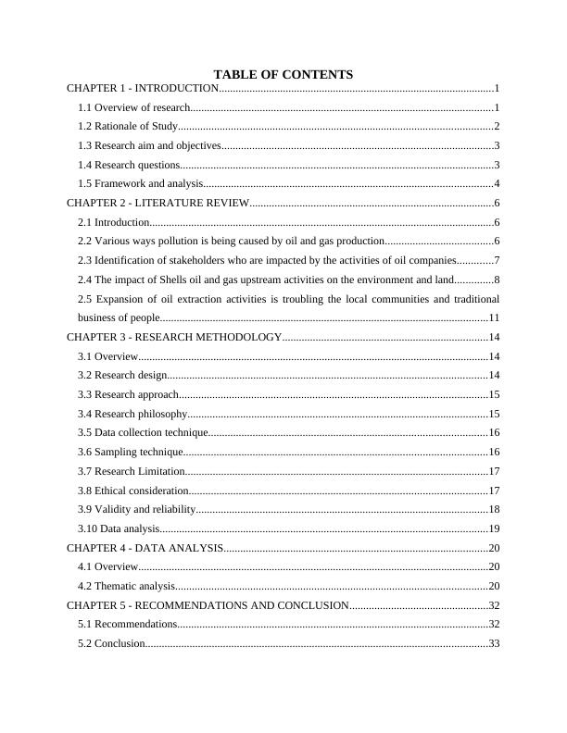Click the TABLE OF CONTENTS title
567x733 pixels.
(x=283, y=74)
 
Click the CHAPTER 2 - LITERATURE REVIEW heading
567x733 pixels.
(x=157, y=203)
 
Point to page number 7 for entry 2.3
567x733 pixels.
(x=498, y=260)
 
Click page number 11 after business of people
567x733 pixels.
(x=494, y=317)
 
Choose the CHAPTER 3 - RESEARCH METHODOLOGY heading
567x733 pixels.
(x=174, y=337)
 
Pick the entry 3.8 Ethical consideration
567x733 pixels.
(x=133, y=491)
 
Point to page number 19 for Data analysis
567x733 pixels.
(x=494, y=528)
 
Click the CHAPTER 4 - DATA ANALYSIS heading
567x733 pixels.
(x=145, y=548)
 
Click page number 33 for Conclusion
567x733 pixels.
(x=494, y=643)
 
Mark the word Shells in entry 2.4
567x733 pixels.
(x=181, y=280)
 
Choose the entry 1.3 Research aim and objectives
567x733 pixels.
(x=149, y=145)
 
